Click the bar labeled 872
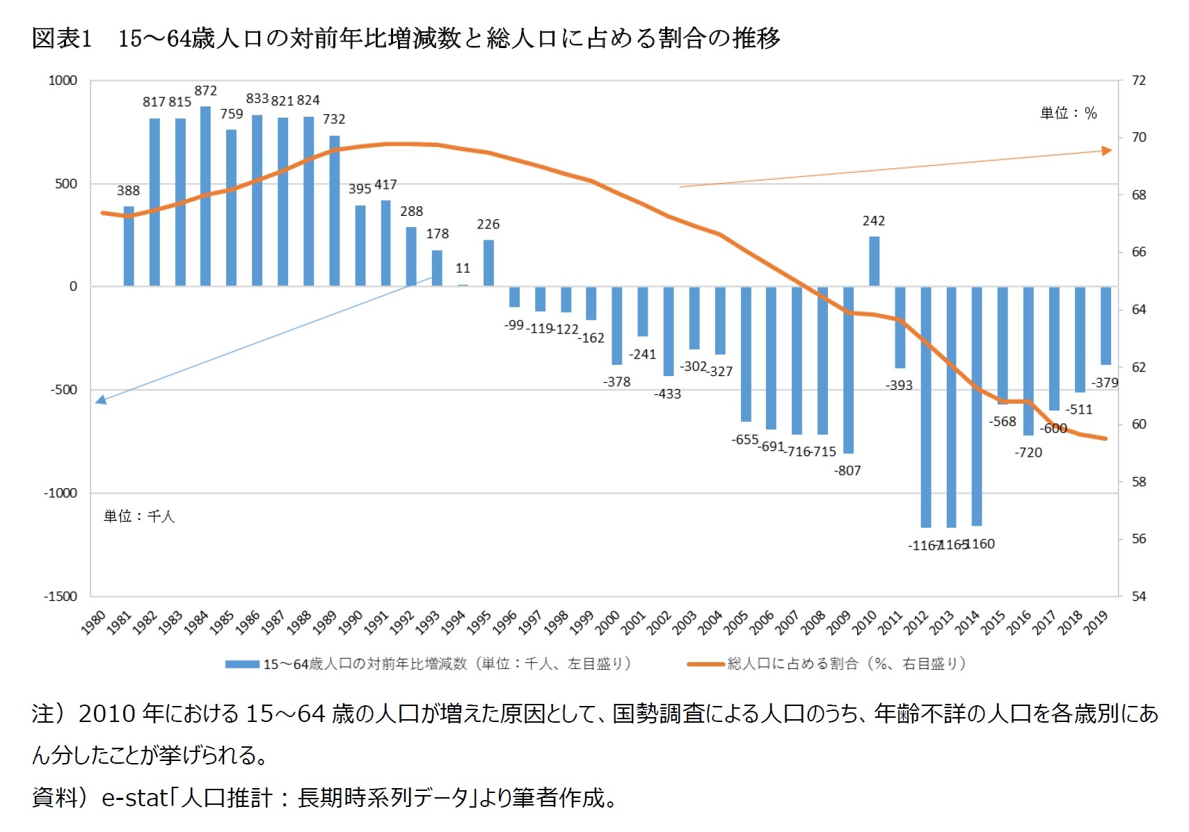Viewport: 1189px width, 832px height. (205, 196)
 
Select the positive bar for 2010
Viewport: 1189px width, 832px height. (874, 261)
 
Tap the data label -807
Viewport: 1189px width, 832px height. (847, 471)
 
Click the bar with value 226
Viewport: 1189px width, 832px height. (488, 263)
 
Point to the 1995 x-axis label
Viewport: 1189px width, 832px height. (479, 621)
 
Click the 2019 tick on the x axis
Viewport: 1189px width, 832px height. (1096, 621)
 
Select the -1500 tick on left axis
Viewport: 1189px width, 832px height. (61, 596)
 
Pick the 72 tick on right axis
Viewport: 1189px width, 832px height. (1138, 80)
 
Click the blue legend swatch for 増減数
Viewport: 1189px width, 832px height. (242, 664)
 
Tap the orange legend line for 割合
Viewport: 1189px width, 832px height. (705, 664)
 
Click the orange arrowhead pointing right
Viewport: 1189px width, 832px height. (1107, 150)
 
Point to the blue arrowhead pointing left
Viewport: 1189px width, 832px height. (101, 400)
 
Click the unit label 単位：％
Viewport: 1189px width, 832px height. (1068, 113)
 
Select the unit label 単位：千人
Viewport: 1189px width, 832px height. (139, 516)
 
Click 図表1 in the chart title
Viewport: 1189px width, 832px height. (61, 38)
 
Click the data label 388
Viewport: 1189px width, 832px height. (128, 191)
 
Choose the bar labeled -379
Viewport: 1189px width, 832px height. (1106, 325)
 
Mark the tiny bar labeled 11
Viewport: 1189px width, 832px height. (463, 285)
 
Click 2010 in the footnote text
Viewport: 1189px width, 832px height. (106, 714)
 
